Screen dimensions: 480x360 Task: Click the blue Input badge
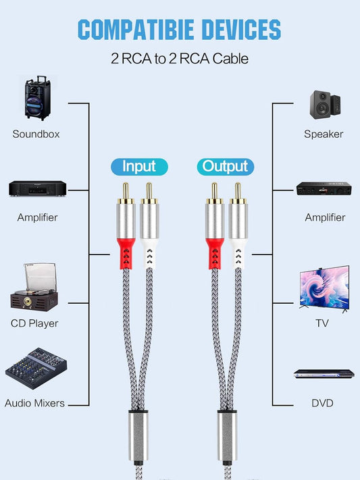(x=139, y=166)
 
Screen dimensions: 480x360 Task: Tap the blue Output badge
(x=225, y=166)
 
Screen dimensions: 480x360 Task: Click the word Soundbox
(x=36, y=134)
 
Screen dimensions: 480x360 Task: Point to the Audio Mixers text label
(x=34, y=403)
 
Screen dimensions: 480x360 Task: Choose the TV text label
(x=322, y=323)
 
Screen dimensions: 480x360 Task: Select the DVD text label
(x=322, y=403)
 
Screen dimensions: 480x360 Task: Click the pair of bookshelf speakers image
(x=325, y=103)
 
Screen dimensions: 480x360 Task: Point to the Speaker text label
(x=324, y=134)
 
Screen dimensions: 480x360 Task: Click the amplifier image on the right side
(x=323, y=189)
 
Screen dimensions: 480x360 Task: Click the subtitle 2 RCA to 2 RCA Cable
(x=180, y=59)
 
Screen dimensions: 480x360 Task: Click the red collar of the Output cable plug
(x=214, y=252)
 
